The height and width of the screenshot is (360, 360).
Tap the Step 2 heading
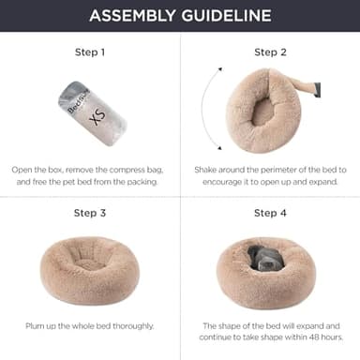tap(269, 53)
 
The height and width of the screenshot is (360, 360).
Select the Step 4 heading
tap(269, 213)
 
